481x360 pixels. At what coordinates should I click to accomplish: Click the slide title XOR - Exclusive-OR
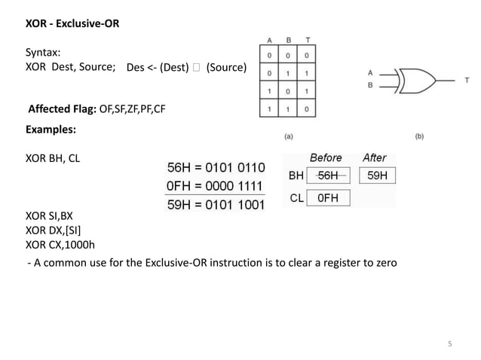pos(72,24)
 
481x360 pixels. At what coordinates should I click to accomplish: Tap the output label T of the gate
pos(467,79)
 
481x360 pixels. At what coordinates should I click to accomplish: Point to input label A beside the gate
pos(369,73)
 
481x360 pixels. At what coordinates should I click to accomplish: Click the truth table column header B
pos(288,40)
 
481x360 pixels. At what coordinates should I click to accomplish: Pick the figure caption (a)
pos(289,137)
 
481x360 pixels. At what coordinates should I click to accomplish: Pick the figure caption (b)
pos(420,137)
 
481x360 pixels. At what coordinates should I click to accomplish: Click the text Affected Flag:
pos(62,109)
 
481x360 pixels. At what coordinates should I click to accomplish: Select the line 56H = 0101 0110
pos(215,167)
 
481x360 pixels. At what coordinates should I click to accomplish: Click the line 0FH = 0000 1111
pos(215,185)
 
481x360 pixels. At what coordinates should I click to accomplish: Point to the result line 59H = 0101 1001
pos(215,204)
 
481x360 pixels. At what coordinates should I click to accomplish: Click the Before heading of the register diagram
pos(326,158)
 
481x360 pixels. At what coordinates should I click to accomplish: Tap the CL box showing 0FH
pos(329,199)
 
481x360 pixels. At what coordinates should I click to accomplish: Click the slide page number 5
pos(449,345)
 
